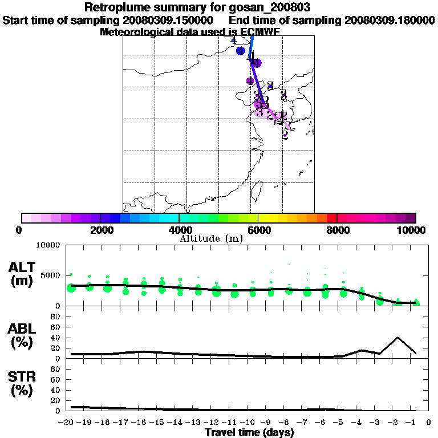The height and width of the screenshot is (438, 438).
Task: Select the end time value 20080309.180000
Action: [390, 20]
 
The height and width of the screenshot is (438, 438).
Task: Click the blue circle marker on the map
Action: [241, 51]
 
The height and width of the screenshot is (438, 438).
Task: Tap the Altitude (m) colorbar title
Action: [211, 238]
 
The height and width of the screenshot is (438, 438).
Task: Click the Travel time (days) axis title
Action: [249, 432]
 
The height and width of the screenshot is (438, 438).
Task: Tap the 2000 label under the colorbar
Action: [100, 230]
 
